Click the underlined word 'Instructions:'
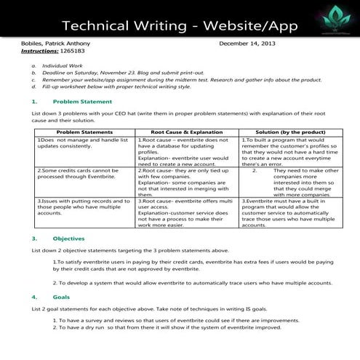pos(40,52)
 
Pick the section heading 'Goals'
pos(61,297)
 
